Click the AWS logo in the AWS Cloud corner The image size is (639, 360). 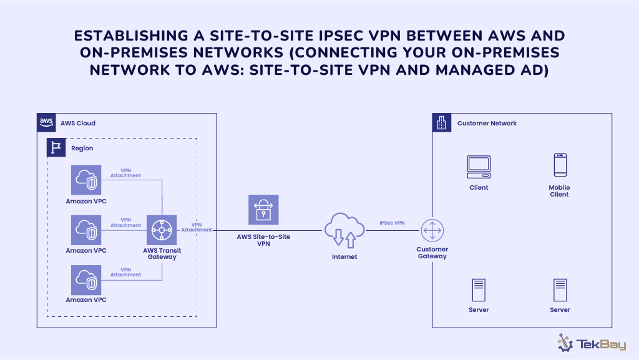tap(46, 122)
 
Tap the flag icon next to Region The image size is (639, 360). tap(57, 148)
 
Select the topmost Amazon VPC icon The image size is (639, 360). tap(86, 180)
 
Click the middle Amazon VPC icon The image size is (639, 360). tap(86, 230)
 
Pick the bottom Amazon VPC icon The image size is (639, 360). tap(86, 280)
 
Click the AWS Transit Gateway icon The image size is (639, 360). tap(162, 230)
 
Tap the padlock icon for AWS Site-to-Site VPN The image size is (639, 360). tap(263, 210)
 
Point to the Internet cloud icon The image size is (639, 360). tap(344, 230)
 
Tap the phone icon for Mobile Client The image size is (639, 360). tap(559, 165)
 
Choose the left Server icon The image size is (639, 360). tap(479, 290)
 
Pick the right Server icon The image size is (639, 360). tap(560, 290)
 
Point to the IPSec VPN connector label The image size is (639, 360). tap(392, 223)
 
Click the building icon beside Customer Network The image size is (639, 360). tap(442, 123)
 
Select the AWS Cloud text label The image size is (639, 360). tap(78, 123)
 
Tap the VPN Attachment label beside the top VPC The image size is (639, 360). tap(125, 173)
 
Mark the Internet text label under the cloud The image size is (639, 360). tap(344, 256)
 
